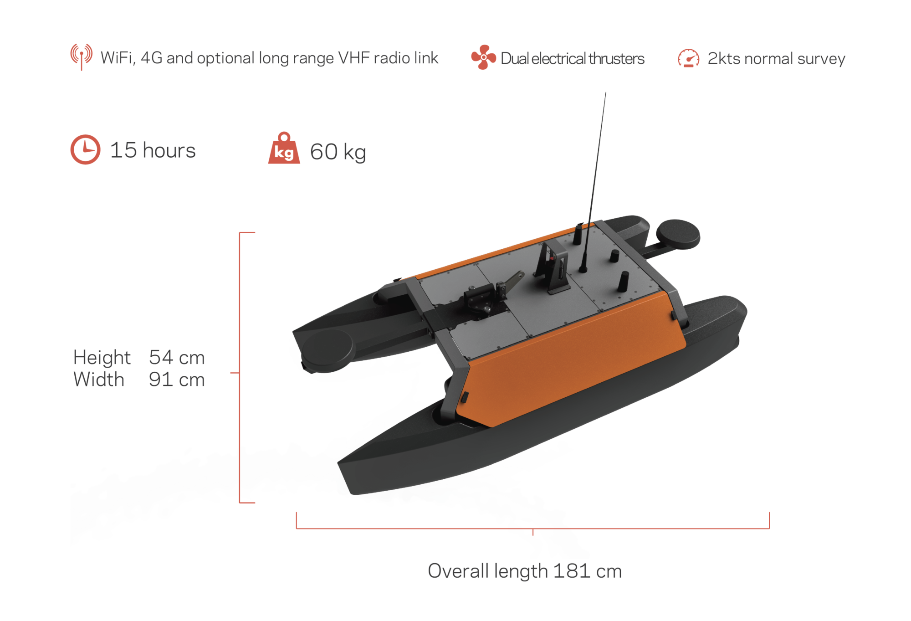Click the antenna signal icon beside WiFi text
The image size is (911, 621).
coord(82,56)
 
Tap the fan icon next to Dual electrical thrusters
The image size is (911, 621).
coord(483,57)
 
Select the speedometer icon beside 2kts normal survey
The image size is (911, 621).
coord(688,58)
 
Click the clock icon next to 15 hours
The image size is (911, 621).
coord(85,149)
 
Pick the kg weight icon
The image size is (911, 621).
coord(284,149)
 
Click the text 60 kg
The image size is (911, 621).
coord(338,152)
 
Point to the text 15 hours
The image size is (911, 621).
coord(153,150)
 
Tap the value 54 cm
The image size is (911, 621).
coord(177,358)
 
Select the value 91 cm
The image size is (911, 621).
coord(177,380)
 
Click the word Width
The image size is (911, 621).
coord(99,380)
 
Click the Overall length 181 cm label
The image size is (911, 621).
coord(524,571)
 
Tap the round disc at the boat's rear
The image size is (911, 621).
coord(678,234)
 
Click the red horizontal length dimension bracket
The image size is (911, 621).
coord(532,528)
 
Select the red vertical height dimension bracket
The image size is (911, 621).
coord(240,368)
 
